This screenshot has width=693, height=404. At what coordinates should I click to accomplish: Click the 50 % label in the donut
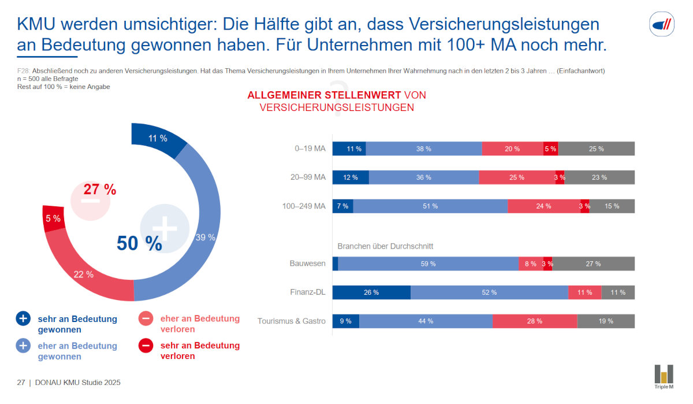139,243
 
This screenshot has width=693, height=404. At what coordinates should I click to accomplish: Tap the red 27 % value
100,189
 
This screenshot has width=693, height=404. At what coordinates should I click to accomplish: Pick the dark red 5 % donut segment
53,218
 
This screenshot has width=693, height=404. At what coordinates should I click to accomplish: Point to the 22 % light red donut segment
84,274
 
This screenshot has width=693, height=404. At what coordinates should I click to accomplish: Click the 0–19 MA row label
310,149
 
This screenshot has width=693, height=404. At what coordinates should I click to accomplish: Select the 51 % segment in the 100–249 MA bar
430,206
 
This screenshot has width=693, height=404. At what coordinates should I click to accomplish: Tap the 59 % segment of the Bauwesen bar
428,264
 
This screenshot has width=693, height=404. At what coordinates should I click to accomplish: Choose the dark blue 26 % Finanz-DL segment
371,292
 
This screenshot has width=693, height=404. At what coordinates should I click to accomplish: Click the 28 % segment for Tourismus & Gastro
535,321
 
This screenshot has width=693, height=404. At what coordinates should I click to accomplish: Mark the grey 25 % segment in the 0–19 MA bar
596,149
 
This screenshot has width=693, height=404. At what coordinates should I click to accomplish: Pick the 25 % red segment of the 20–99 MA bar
517,177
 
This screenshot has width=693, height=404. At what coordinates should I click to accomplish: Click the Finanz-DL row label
308,292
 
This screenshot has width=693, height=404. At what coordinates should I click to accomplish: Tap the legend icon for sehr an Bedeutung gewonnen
23,318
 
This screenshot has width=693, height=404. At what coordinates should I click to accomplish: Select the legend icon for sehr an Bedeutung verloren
146,346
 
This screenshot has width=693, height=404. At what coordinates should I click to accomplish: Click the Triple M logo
664,377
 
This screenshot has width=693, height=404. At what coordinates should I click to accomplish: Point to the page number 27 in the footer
20,383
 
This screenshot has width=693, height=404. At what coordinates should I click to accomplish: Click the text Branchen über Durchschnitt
385,246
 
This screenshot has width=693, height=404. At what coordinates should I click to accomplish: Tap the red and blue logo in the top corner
661,24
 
